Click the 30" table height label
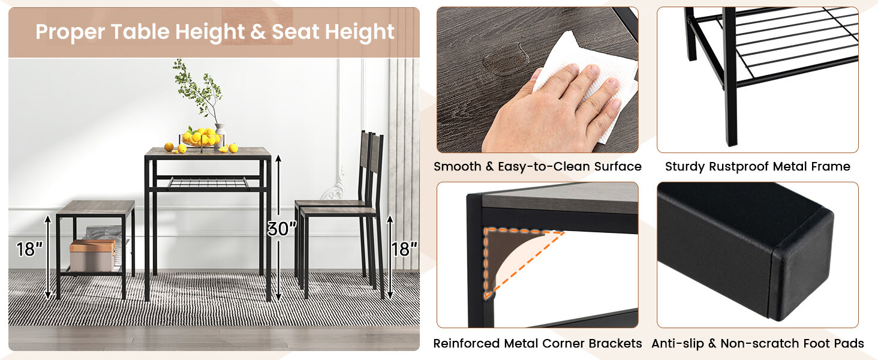[281, 228]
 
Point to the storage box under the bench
[92, 255]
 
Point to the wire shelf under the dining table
[207, 181]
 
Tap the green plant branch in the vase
[198, 90]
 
